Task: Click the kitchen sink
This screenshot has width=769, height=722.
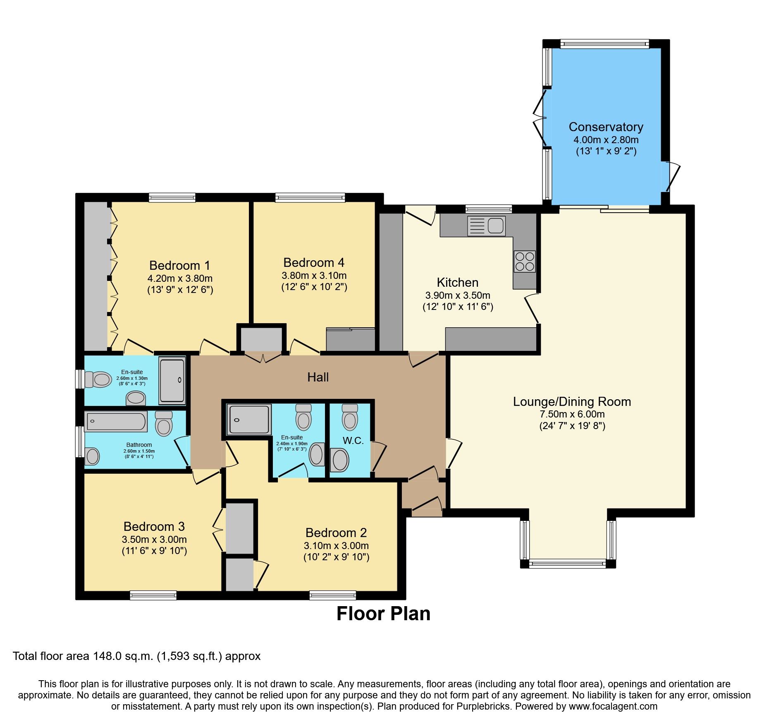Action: coord(487,226)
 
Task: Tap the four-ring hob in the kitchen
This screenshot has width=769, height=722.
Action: coord(525,261)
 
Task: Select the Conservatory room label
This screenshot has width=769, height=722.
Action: coord(606,127)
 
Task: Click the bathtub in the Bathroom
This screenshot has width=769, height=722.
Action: coord(116,422)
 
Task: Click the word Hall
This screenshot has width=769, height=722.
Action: coord(318,377)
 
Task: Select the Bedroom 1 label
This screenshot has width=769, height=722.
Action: coord(179,265)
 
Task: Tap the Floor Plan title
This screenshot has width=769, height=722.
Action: coord(383,614)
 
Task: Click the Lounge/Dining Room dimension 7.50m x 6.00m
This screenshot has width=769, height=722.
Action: coord(572,414)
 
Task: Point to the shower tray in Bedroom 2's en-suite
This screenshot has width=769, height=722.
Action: coord(249,420)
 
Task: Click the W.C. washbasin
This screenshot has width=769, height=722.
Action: coord(340,460)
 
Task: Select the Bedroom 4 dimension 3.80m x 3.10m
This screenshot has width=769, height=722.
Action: coord(314,276)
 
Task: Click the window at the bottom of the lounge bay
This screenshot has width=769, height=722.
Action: coord(567,564)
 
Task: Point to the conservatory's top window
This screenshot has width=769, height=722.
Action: coord(604,43)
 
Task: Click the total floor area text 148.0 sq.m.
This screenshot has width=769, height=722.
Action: coord(136,656)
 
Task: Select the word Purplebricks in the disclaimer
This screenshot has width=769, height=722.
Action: coord(483,706)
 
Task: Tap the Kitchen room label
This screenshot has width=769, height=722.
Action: coord(457,283)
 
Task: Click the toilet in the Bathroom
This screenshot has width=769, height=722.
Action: coord(164,424)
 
